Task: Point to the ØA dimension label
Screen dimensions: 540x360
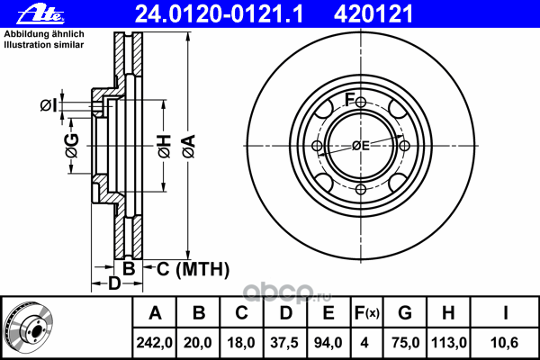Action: [x=188, y=141]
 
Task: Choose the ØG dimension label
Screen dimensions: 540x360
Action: [x=71, y=142]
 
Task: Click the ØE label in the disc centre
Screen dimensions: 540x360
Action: [x=361, y=146]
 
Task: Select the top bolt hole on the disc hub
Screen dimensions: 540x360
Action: [x=361, y=103]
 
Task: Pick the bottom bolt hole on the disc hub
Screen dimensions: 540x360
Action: [x=361, y=189]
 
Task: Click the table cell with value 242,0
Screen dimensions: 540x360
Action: [x=155, y=343]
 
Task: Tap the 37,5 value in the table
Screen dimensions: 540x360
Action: [x=287, y=343]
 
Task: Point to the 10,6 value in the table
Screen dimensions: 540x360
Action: [x=507, y=343]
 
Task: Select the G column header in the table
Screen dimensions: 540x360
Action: [x=405, y=314]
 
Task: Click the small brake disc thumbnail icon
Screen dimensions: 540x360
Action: [x=29, y=328]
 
